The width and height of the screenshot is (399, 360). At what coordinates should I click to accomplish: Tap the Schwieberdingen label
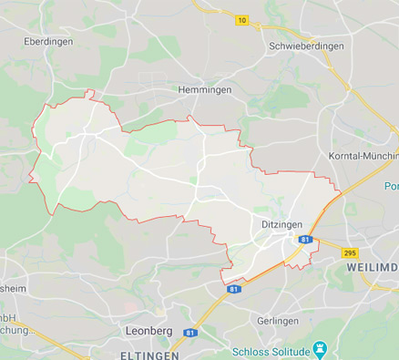click(x=306, y=45)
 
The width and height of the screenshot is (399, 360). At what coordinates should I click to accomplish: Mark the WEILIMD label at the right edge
click(x=372, y=270)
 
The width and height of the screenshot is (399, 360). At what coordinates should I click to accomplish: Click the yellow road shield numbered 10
click(x=241, y=19)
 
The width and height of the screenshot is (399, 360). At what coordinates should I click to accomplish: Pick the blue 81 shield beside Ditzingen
click(x=306, y=240)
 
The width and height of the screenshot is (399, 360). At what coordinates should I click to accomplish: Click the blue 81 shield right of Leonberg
click(x=190, y=333)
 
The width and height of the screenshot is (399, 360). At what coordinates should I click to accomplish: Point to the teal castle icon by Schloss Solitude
click(x=319, y=349)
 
